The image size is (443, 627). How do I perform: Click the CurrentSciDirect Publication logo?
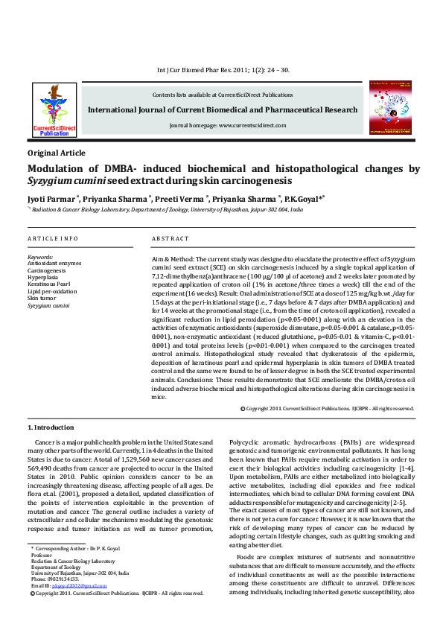point(54,109)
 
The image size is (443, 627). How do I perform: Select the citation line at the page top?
point(223,70)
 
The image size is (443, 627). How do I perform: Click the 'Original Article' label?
point(57,152)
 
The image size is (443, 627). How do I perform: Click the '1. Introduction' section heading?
point(51,427)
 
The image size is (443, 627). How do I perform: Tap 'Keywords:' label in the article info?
point(40,257)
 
